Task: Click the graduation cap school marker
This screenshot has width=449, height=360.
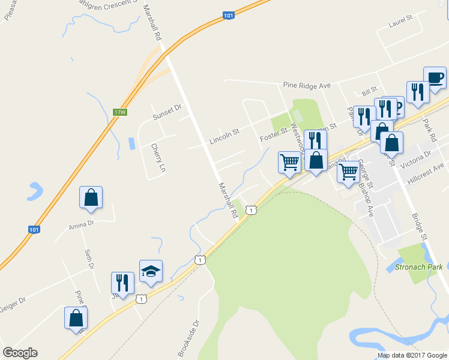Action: tap(151, 272)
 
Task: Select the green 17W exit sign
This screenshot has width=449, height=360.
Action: tap(120, 112)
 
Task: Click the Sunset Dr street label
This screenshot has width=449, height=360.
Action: tap(166, 112)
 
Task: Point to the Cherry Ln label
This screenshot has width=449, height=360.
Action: tap(157, 158)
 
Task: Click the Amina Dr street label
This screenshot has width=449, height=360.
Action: tap(82, 223)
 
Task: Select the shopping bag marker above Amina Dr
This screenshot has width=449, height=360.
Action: tap(91, 198)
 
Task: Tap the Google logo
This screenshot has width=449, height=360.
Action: tap(20, 353)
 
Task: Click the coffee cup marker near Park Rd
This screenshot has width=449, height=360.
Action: tap(435, 78)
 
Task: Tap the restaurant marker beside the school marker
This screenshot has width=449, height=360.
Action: tap(122, 284)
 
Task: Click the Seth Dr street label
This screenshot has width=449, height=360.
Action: tap(89, 259)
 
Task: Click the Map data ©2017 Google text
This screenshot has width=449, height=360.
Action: tap(412, 355)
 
